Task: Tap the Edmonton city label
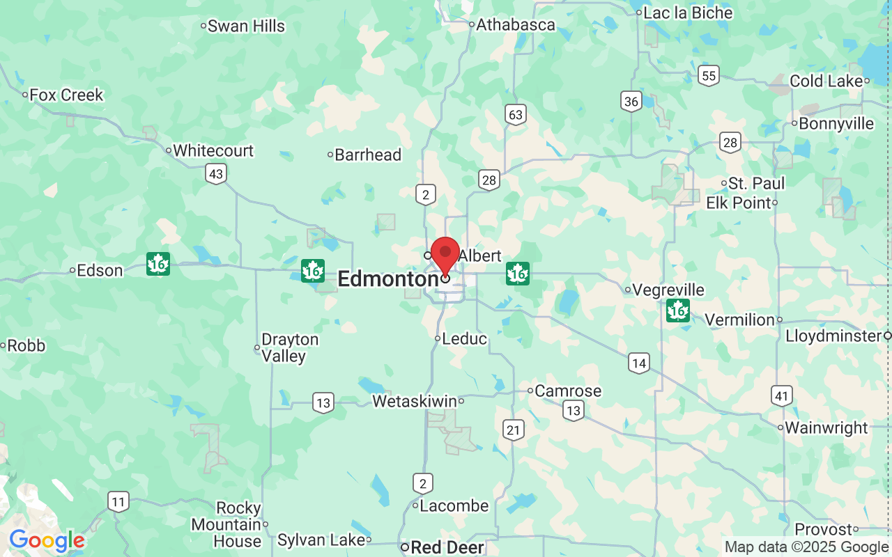point(387,279)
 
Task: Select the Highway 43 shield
point(216,173)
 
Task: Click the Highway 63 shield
point(516,115)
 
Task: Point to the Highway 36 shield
point(631,102)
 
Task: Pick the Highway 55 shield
point(709,76)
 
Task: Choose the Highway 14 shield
point(638,363)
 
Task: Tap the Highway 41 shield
point(782,397)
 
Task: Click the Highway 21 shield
point(514,430)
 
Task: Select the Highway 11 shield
point(118,501)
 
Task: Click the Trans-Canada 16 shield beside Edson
point(158,265)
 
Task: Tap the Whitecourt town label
point(213,150)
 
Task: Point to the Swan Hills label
point(246,26)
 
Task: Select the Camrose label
point(568,391)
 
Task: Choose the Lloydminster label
point(833,336)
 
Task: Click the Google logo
point(47,541)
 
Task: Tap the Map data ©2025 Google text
point(806,547)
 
